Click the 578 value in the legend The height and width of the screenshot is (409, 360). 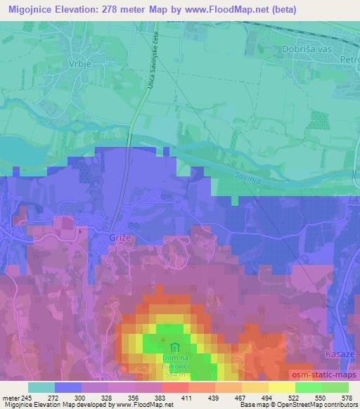tap(347, 397)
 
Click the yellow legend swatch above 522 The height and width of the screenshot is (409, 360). tap(282, 387)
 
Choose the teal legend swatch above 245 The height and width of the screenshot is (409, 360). tap(41, 387)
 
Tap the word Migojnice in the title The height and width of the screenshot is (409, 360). tap(30, 9)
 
